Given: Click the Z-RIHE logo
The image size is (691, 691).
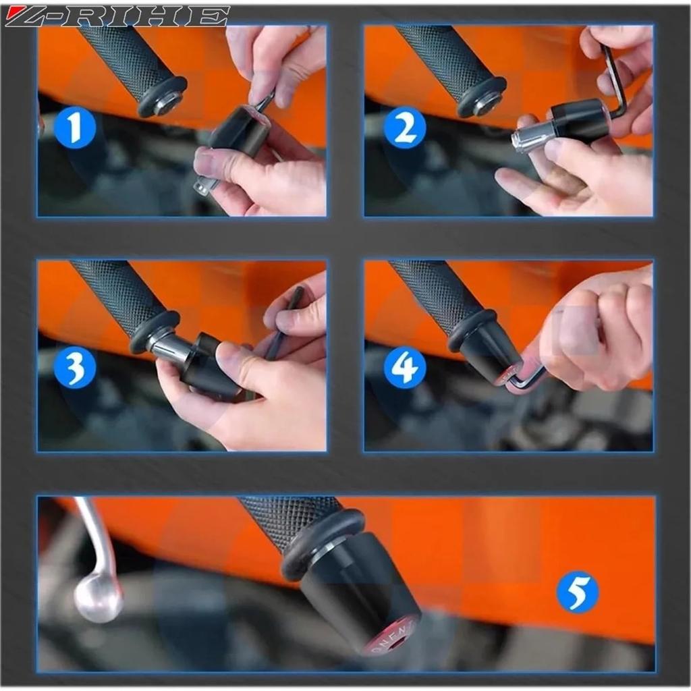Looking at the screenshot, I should pyautogui.click(x=116, y=16).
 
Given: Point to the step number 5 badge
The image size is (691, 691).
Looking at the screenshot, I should pyautogui.click(x=577, y=592).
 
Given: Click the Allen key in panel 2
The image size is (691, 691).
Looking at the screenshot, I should pyautogui.click(x=616, y=81).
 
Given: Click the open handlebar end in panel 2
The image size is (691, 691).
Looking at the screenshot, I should pyautogui.click(x=485, y=103).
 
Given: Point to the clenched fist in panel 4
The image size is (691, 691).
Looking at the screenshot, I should pyautogui.click(x=601, y=331).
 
